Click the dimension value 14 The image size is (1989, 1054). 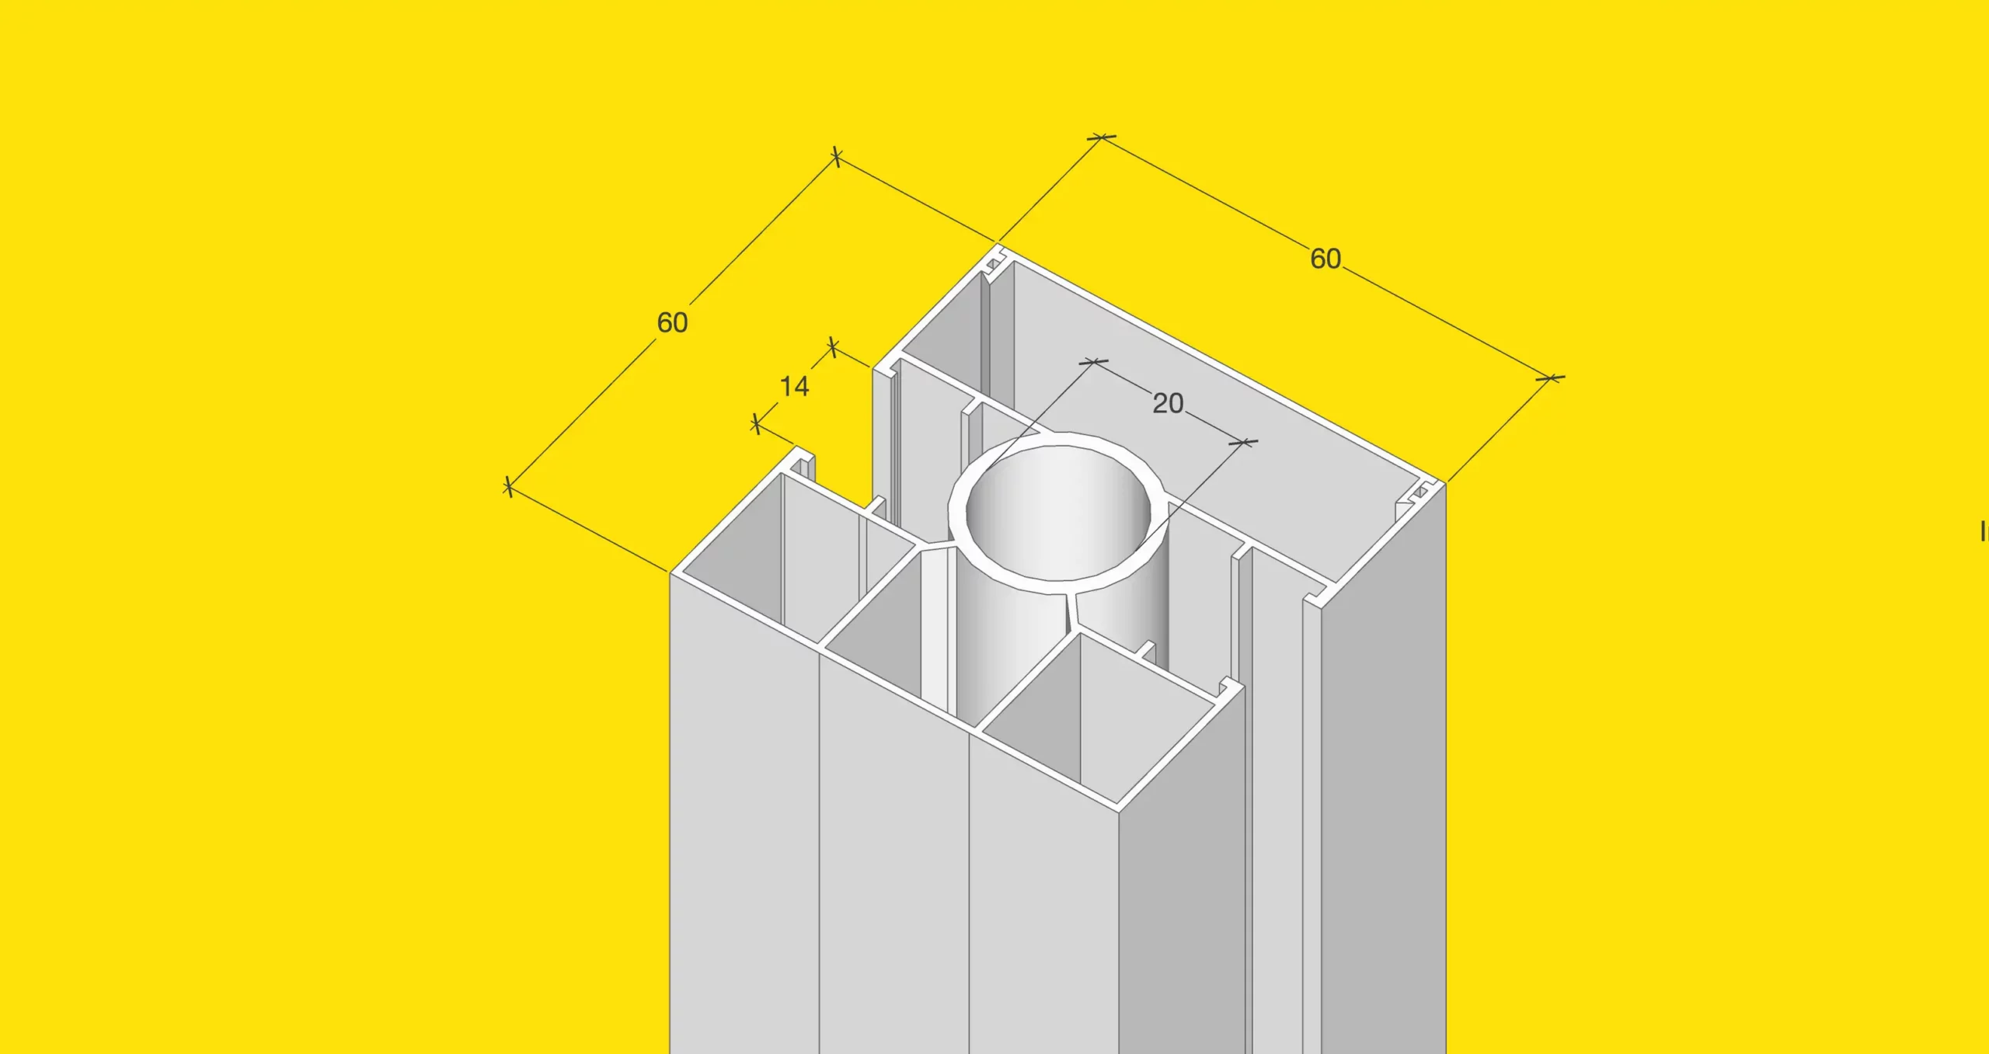pos(794,386)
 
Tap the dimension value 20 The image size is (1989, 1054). pos(1168,403)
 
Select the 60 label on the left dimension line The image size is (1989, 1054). pos(672,322)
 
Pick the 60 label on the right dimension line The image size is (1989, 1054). pos(1325,259)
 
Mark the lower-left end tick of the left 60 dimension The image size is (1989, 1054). pos(508,487)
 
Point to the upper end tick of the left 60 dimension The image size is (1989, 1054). pos(836,157)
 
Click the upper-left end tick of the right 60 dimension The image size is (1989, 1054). pos(1101,137)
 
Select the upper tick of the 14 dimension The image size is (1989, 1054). pos(833,346)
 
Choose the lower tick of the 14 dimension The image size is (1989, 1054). pos(757,424)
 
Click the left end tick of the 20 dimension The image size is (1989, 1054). pos(1094,362)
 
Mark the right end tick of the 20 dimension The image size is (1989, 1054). pos(1243,443)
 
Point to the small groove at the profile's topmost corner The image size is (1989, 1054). pos(994,264)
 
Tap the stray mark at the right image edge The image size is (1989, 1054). pos(1984,532)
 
